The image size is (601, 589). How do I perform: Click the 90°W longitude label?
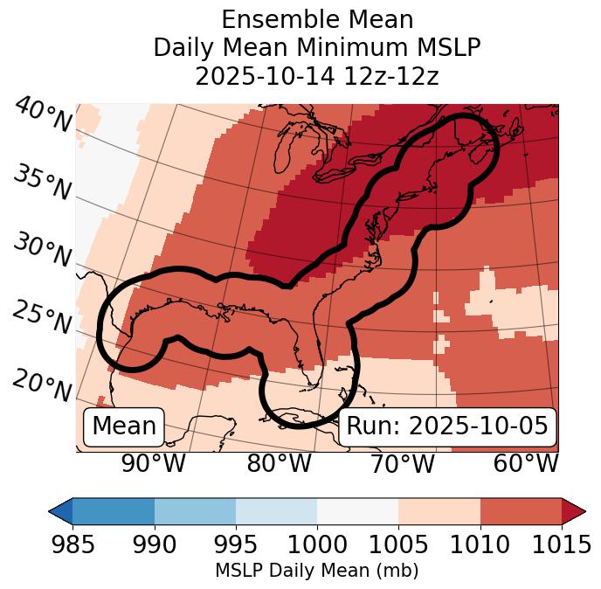point(154,464)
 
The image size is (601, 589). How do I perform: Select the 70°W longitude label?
point(402,464)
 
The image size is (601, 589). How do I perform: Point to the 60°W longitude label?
point(526,464)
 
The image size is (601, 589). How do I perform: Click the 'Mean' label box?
point(124,426)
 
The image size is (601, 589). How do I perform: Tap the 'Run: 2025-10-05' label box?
point(447,426)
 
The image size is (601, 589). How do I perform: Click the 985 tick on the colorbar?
point(73,545)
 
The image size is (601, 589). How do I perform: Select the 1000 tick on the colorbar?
point(317,545)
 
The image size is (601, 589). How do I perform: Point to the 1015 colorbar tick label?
point(560,545)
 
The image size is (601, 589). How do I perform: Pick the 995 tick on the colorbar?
point(236,545)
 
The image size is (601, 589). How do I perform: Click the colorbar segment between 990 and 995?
point(195,511)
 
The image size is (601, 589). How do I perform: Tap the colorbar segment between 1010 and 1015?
point(520,511)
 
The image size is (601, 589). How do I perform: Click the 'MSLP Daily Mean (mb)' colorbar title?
point(316,572)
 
